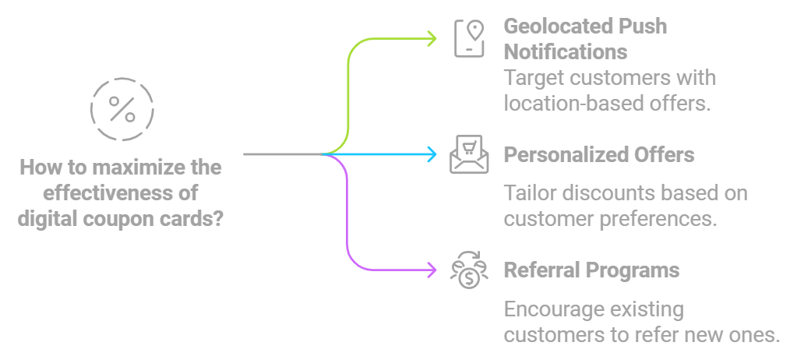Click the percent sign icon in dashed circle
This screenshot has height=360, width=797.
point(122,109)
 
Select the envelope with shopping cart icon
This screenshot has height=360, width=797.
point(470,154)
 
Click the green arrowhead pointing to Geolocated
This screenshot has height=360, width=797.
point(432,38)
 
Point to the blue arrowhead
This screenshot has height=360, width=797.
point(432,154)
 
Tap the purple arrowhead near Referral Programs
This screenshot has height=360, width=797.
point(432,271)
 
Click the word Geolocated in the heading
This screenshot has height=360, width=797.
point(556,26)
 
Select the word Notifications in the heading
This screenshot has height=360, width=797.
point(565,52)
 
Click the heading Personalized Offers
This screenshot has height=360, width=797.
point(598,154)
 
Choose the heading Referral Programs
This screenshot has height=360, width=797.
point(591,270)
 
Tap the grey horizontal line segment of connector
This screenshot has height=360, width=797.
point(280,154)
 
